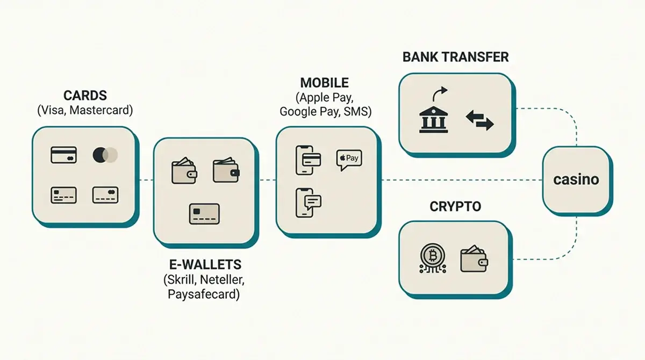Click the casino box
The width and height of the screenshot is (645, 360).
pos(577,181)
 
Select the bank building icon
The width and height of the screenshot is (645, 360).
pos(433,120)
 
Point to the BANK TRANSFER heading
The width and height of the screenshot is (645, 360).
pos(456,57)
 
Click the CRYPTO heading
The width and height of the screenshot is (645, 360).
pos(455,207)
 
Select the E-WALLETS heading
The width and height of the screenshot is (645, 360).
pos(205,264)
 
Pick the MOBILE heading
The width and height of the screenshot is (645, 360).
pos(325,83)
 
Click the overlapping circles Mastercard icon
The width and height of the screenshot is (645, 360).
pos(105,155)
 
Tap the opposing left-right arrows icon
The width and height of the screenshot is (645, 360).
pos(479,120)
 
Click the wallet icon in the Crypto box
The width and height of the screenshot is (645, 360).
pos(474,258)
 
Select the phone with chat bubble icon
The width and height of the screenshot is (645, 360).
pos(309,203)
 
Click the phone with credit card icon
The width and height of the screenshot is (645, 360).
pos(308,160)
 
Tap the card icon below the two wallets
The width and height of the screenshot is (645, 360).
pos(204,214)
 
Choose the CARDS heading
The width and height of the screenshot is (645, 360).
pos(85,96)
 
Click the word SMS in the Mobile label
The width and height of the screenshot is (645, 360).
pos(356,111)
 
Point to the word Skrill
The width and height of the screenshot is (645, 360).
pos(181,279)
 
